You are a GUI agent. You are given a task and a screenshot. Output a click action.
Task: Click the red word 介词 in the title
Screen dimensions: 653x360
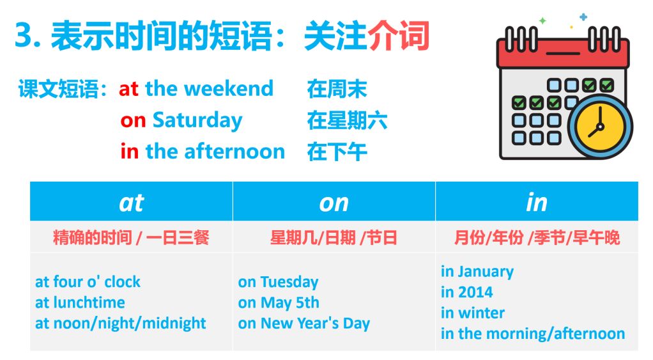pos(399,36)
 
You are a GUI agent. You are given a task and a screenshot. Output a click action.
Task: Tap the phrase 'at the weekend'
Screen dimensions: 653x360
pos(196,89)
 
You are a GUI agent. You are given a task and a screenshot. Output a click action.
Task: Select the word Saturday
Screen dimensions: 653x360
pos(197,121)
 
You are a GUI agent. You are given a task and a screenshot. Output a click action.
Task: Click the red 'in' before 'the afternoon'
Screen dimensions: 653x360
pos(130,151)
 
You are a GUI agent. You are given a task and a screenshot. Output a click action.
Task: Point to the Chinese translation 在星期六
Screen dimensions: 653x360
pos(348,120)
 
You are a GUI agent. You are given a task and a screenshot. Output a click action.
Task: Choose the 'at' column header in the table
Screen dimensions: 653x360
pos(131,203)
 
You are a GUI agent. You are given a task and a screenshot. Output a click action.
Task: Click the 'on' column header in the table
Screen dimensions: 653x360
pos(334,203)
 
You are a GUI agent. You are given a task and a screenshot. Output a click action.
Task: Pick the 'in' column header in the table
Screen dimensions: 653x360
pos(537,203)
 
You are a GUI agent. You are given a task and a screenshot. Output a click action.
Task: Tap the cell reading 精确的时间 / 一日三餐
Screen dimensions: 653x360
pos(131,238)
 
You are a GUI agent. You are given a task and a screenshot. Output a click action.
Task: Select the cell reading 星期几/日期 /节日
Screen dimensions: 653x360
pos(334,238)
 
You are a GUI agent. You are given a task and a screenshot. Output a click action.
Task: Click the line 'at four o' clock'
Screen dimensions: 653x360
pos(88,282)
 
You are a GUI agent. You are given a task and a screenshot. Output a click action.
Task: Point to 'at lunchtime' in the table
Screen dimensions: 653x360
pos(80,302)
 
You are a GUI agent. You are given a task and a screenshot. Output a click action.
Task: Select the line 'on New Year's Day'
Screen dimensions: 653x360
pos(304,324)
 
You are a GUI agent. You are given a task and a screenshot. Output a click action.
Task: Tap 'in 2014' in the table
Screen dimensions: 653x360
pos(467,292)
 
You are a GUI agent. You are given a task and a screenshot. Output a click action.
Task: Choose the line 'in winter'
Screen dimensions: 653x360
pos(473,313)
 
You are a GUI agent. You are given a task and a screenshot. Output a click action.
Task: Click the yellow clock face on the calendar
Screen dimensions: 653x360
pos(600,126)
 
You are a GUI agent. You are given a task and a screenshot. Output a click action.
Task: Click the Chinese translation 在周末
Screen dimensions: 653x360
pos(337,89)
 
